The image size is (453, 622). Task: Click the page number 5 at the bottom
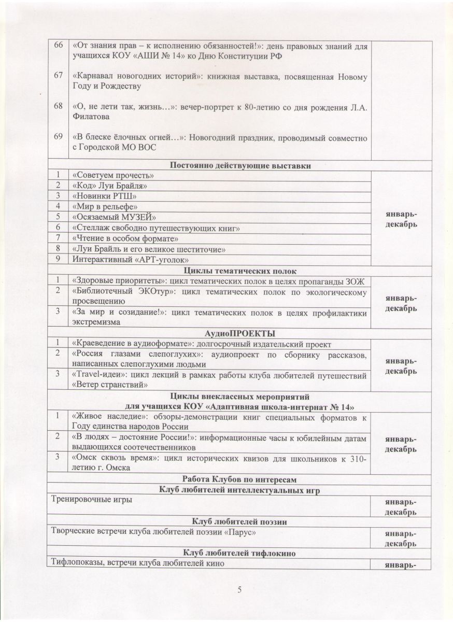click(x=239, y=589)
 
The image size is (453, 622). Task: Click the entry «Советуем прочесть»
click(x=114, y=175)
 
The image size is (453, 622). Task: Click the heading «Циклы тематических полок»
click(x=240, y=270)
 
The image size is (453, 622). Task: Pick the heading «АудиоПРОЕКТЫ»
click(x=240, y=333)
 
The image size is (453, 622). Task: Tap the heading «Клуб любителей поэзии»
click(x=240, y=521)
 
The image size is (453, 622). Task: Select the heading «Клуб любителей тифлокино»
click(x=240, y=553)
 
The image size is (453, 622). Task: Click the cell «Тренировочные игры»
click(x=91, y=500)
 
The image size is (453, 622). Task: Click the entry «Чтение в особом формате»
click(x=126, y=238)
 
